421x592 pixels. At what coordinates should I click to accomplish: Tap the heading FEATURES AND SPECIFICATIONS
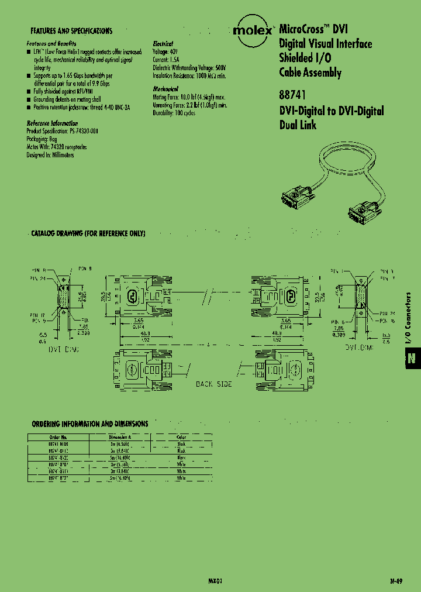tap(71, 30)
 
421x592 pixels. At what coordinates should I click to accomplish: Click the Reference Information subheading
tap(52, 123)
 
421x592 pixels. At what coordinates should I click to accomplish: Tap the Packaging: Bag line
tap(43, 140)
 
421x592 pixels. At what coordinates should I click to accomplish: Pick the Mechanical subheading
tap(165, 89)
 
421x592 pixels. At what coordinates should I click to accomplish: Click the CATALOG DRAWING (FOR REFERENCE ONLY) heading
tap(88, 233)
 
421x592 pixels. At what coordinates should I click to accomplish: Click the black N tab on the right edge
tap(412, 359)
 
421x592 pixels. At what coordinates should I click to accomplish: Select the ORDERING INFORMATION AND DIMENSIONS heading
tap(89, 424)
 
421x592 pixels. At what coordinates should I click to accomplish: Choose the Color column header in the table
tap(181, 436)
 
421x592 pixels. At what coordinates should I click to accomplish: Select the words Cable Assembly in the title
tap(310, 73)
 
